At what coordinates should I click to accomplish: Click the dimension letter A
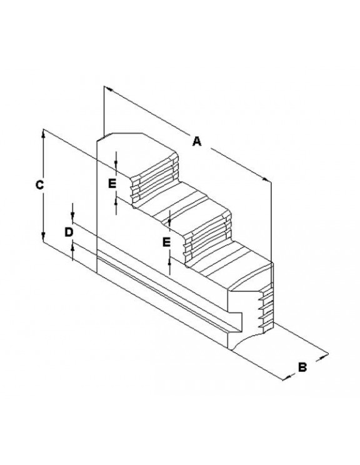coord(197,141)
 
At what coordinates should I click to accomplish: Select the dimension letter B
coord(302,367)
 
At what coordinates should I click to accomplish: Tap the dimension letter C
coord(40,185)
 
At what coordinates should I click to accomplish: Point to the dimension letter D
coord(69,232)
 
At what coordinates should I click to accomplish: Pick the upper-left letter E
coord(112,184)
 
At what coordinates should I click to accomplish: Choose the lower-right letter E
coord(167,242)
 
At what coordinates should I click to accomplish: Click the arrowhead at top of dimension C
coord(43,134)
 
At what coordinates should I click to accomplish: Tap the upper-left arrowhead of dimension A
coord(109,89)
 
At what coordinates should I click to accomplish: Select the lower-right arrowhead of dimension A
coord(266,179)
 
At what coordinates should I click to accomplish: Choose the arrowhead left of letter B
coord(287,377)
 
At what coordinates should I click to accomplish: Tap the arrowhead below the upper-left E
coord(116,201)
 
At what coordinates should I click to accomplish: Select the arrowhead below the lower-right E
coord(169,261)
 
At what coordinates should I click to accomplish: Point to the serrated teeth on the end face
coord(266,307)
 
